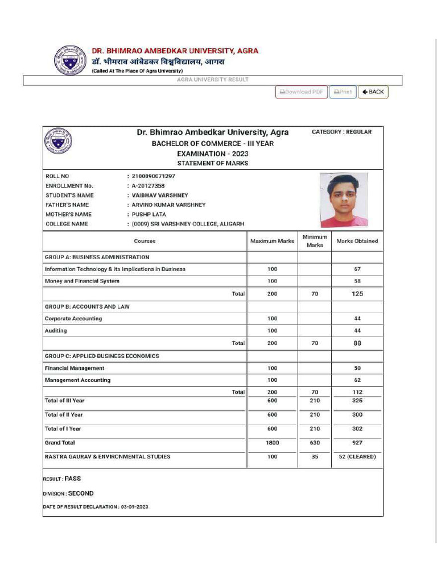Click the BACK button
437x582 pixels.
tap(373, 92)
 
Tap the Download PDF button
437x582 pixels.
tap(302, 92)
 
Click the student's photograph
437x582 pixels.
tap(344, 200)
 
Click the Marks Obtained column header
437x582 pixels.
tap(357, 241)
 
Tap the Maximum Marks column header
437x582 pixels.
tap(272, 241)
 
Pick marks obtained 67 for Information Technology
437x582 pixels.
tap(357, 269)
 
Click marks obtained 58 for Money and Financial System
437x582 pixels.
tap(357, 281)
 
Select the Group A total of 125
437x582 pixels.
tap(357, 294)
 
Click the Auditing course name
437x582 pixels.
tap(56, 331)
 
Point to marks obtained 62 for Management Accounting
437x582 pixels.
tap(357, 380)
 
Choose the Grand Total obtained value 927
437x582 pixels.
tap(357, 443)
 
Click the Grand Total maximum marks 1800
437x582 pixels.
tap(272, 443)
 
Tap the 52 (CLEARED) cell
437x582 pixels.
tap(357, 457)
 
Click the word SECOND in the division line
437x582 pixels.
tap(81, 493)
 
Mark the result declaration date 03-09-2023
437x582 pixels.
tap(134, 506)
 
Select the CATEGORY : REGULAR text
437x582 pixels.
tap(341, 132)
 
